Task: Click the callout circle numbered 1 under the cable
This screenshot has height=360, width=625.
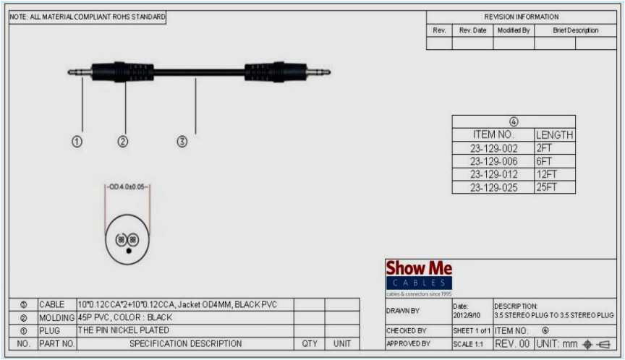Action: [x=77, y=142]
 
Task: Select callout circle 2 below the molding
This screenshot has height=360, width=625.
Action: [x=123, y=142]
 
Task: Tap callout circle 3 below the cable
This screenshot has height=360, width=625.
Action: [x=182, y=142]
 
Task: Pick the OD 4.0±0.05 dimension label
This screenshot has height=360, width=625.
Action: [x=127, y=187]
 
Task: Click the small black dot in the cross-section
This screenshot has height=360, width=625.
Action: [x=128, y=250]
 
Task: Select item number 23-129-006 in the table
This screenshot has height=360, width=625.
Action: [x=493, y=161]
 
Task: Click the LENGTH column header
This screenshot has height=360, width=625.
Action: [x=555, y=134]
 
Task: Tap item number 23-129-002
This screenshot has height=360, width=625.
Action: [x=493, y=148]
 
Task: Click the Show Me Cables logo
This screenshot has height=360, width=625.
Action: [x=419, y=275]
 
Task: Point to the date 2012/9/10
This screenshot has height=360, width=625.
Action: [x=464, y=315]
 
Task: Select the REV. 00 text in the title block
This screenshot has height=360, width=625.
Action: [x=513, y=343]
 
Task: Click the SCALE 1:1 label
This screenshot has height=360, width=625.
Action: [x=468, y=344]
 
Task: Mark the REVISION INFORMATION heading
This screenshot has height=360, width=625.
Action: [x=521, y=17]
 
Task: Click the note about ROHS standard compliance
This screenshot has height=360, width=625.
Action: [x=88, y=17]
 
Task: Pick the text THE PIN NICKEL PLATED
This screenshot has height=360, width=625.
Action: [x=123, y=330]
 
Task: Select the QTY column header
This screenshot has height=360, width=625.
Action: [x=310, y=344]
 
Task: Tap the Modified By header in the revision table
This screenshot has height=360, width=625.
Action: [x=514, y=30]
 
